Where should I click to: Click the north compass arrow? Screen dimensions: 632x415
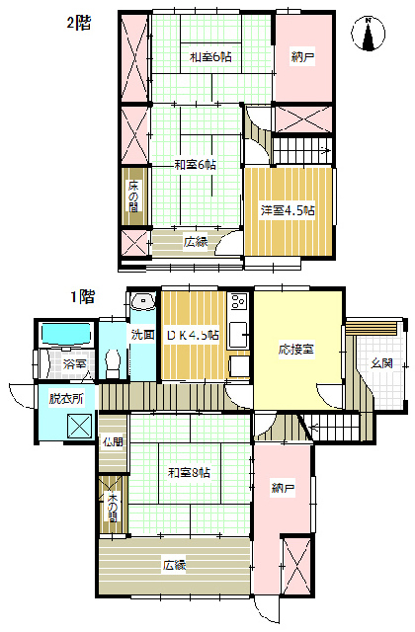[369, 34]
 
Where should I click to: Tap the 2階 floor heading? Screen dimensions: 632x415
[79, 21]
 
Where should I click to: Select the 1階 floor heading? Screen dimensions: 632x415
[82, 295]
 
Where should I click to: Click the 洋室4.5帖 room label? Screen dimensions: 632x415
[288, 210]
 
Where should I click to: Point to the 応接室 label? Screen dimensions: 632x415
[295, 351]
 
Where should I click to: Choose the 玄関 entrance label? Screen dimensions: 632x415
[382, 363]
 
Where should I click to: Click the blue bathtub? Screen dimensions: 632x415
[64, 335]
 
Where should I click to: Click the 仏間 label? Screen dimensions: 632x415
[112, 442]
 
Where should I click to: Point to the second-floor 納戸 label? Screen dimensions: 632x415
[302, 59]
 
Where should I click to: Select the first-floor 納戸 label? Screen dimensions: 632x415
[283, 488]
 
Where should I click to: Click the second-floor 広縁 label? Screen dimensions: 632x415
[195, 242]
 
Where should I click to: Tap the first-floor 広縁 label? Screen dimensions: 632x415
[175, 566]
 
